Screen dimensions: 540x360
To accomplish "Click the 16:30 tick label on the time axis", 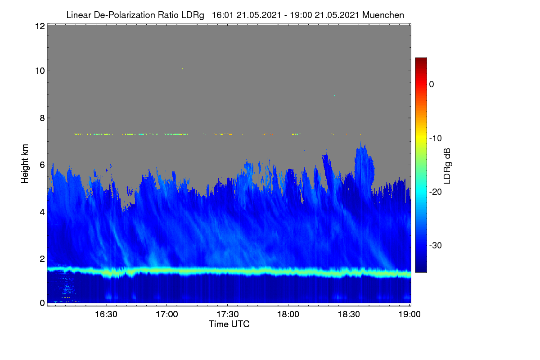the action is click(x=106, y=315).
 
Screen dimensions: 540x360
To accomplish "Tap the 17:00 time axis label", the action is click(x=167, y=315).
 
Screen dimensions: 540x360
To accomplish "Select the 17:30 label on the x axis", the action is click(x=228, y=315).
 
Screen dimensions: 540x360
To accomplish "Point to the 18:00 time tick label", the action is click(x=288, y=315).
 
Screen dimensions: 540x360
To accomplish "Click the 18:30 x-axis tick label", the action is click(x=349, y=315).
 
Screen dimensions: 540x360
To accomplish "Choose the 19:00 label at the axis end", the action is click(x=409, y=315).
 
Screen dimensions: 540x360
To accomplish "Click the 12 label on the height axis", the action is click(x=40, y=26).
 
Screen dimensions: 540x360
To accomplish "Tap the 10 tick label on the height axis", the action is click(x=40, y=71).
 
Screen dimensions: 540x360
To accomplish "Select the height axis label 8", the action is click(x=42, y=118).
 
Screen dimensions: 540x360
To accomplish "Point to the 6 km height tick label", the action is click(x=42, y=165).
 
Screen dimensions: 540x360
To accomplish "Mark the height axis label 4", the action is click(x=42, y=212).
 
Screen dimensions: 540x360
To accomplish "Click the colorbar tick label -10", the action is click(x=436, y=139).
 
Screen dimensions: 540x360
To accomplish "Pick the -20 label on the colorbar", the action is click(x=436, y=192).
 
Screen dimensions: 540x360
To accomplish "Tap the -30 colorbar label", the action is click(x=436, y=245).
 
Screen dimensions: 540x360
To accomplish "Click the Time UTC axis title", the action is click(x=229, y=324).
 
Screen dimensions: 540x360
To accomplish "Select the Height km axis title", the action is click(x=25, y=164).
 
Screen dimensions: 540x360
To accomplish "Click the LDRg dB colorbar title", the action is click(x=447, y=166).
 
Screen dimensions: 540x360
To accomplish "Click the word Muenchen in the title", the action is click(x=383, y=15).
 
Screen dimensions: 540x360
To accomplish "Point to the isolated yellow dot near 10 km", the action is click(x=183, y=69).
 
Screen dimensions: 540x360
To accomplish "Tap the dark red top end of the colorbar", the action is click(x=421, y=59).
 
